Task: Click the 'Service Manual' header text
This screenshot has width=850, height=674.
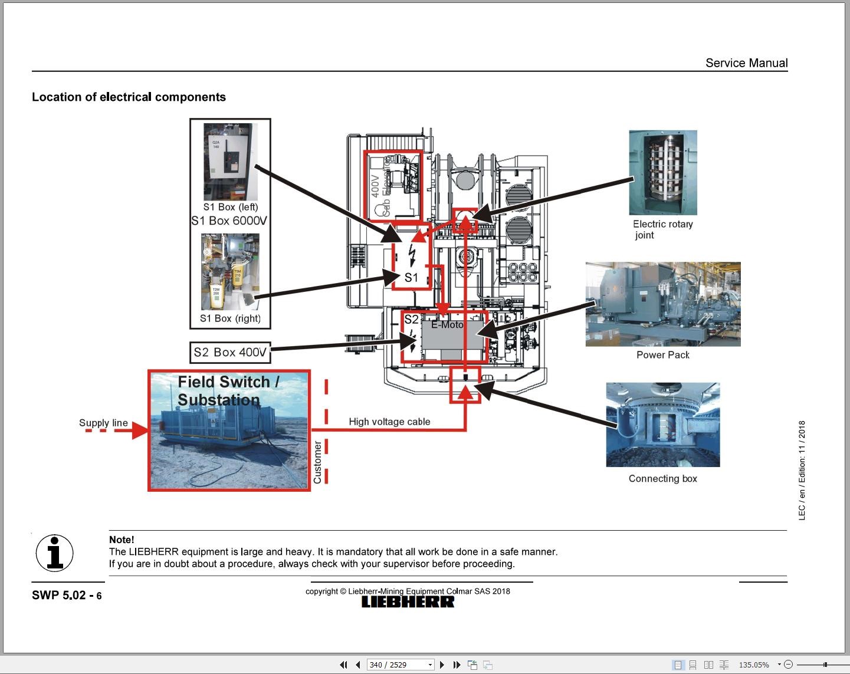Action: [746, 63]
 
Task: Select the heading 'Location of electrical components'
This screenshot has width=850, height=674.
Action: [129, 97]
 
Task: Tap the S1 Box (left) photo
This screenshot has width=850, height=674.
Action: [230, 162]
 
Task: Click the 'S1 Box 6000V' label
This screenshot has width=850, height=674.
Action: [229, 221]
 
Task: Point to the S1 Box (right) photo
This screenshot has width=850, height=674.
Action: [230, 272]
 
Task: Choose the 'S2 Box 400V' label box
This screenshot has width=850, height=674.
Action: [230, 353]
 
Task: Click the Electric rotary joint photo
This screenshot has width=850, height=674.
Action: [663, 172]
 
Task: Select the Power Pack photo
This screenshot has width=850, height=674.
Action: [662, 304]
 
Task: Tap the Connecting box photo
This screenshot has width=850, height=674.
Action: [662, 425]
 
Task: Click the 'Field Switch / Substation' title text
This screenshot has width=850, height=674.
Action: [228, 391]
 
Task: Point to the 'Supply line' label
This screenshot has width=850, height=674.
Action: [103, 423]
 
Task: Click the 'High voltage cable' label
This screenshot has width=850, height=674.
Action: [389, 422]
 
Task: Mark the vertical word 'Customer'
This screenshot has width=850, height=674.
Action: [317, 463]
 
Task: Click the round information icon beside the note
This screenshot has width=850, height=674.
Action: [55, 553]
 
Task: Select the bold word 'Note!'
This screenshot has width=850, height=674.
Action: [122, 540]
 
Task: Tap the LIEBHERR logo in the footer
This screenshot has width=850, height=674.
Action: [408, 602]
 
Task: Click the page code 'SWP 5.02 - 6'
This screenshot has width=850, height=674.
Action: [67, 596]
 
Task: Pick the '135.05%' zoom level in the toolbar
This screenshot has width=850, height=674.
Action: [754, 665]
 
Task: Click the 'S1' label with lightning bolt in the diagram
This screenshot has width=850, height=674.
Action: [411, 277]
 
